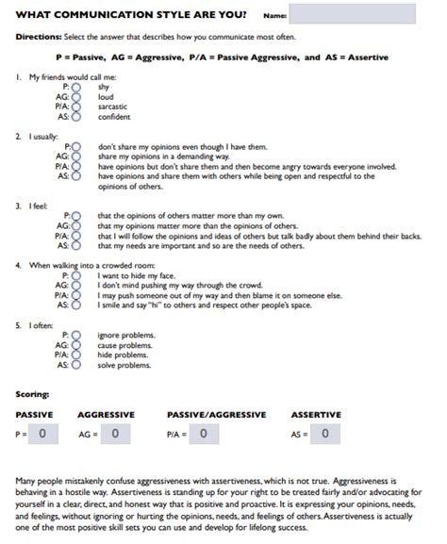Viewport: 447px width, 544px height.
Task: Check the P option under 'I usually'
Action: click(76, 147)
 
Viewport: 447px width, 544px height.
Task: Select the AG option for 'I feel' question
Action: click(76, 226)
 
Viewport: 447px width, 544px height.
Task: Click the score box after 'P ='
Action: click(44, 434)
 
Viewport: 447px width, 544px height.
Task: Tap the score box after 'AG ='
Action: click(115, 434)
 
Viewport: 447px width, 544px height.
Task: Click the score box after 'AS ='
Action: click(325, 434)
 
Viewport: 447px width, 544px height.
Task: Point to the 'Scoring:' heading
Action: click(34, 393)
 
